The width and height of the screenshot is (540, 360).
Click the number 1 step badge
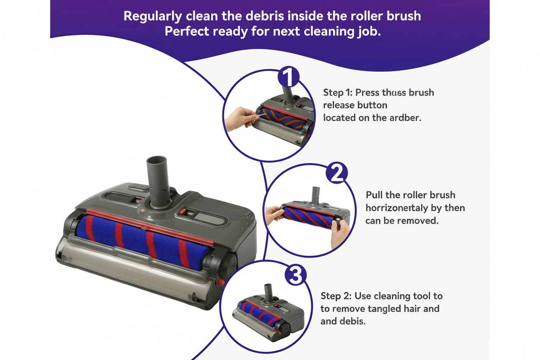coord(288,77)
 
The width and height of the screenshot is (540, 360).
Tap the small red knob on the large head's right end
coord(220,282)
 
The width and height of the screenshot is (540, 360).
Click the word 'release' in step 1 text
coord(339,105)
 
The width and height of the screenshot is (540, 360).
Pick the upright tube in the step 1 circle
coord(288,93)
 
